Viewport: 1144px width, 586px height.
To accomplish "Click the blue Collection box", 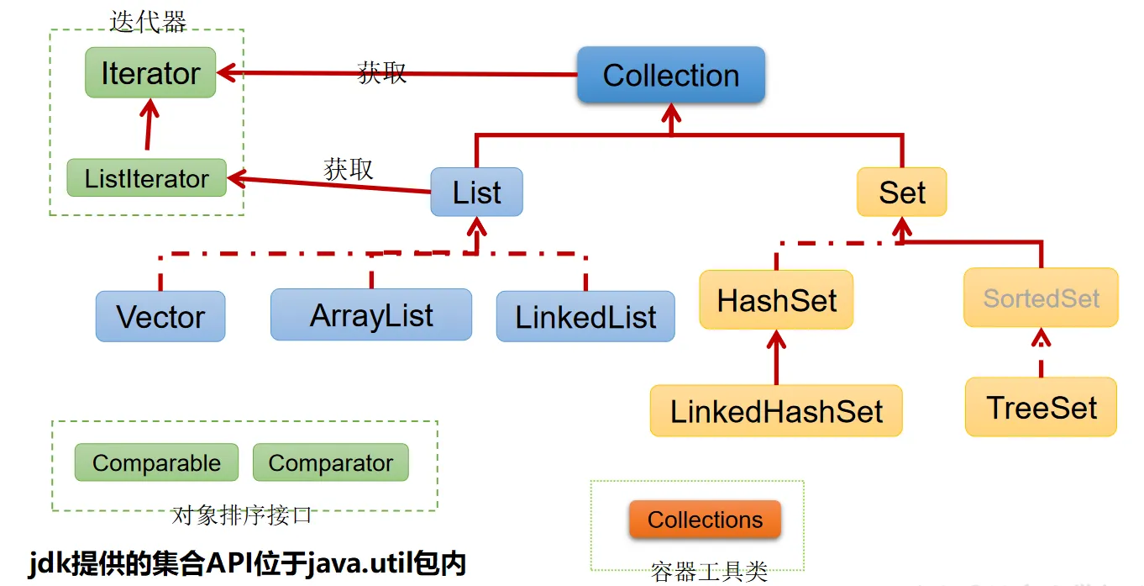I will [x=670, y=76].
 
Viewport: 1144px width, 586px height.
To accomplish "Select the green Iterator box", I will [x=150, y=73].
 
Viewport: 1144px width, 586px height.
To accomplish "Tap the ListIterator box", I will [x=146, y=178].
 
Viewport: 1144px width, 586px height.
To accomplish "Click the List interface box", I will [x=476, y=193].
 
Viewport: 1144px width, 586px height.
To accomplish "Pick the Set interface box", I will [x=901, y=193].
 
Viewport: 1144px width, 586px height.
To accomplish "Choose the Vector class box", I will [x=160, y=317].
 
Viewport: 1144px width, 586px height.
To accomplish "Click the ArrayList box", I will [x=371, y=315].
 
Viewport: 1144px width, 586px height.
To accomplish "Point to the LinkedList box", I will [x=585, y=317].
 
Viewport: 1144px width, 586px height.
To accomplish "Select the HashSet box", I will [x=776, y=300].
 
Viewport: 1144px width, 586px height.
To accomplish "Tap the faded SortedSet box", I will [x=1041, y=298].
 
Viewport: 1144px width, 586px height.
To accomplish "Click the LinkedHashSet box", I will [x=776, y=411].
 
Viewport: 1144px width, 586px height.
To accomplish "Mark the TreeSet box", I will [x=1041, y=408].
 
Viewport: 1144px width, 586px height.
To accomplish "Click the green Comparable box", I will [x=156, y=463].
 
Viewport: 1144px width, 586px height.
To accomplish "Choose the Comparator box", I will [x=330, y=463].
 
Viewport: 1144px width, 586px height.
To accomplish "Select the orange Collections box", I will [x=705, y=520].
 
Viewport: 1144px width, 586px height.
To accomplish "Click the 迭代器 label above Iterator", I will [x=148, y=22].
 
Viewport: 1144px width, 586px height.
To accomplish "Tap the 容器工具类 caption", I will [x=709, y=572].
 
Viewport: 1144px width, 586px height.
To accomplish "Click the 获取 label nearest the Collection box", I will [x=381, y=72].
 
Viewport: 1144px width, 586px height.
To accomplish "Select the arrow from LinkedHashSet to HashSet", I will [x=777, y=357].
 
